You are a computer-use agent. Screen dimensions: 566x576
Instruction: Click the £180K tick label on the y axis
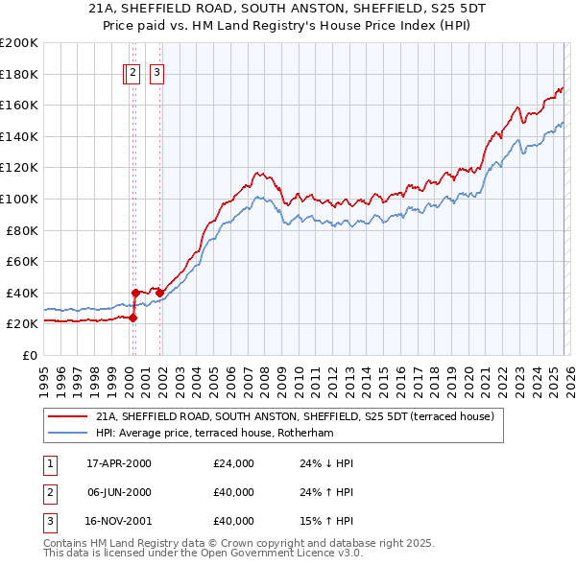[19, 74]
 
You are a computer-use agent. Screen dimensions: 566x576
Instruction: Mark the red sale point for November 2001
[159, 293]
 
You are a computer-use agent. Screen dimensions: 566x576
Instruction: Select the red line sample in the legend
[66, 416]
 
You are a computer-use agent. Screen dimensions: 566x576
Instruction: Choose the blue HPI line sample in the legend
[66, 433]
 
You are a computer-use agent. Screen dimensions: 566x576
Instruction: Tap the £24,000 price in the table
[234, 463]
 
